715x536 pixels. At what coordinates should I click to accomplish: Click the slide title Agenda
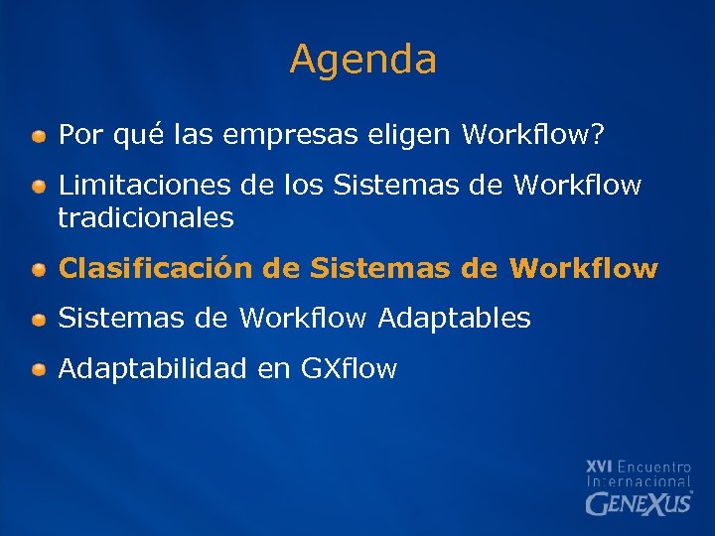362,61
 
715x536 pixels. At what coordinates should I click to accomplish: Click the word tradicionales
146,217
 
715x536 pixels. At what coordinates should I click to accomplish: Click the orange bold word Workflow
583,269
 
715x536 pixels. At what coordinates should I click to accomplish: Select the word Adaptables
454,319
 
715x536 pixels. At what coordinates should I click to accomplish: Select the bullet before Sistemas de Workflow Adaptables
38,320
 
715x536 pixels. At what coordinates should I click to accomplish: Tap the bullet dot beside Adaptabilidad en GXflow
38,370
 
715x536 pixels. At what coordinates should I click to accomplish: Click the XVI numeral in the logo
599,466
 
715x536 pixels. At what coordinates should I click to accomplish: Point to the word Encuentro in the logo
653,466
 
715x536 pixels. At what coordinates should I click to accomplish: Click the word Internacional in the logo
639,481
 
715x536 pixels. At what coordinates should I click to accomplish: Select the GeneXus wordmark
639,503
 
